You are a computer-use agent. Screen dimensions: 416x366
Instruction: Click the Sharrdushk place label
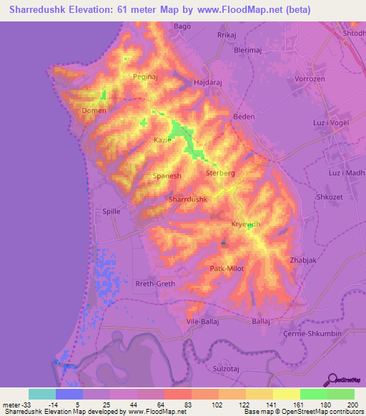tap(187, 200)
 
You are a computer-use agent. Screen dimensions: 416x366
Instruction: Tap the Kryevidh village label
tap(245, 224)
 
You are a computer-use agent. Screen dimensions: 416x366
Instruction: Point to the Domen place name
tap(94, 111)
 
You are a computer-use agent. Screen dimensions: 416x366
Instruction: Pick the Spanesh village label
tap(167, 175)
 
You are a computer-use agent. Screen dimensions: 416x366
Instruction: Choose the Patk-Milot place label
tap(228, 269)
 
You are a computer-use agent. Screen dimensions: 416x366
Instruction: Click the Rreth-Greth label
tap(155, 284)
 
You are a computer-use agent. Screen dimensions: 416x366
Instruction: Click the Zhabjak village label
tap(303, 261)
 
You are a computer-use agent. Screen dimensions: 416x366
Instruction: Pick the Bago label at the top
tap(182, 26)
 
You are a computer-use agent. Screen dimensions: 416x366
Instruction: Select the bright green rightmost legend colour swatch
tap(341, 394)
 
